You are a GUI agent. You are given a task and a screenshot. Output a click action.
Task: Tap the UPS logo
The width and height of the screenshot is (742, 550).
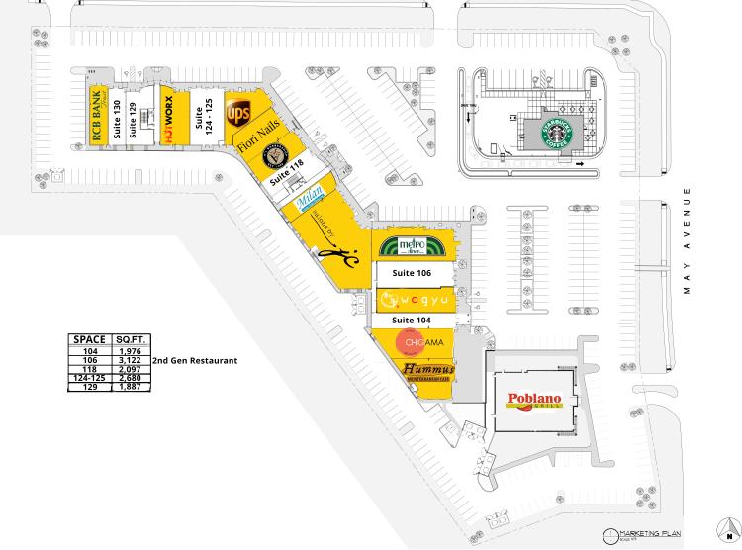tap(239, 115)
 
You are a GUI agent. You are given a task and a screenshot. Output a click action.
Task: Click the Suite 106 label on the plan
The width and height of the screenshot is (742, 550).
tap(412, 273)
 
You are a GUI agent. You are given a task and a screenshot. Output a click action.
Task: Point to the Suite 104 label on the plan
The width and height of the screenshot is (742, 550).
tap(412, 321)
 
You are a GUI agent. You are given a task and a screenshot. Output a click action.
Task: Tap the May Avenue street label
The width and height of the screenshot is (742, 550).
tap(684, 242)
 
